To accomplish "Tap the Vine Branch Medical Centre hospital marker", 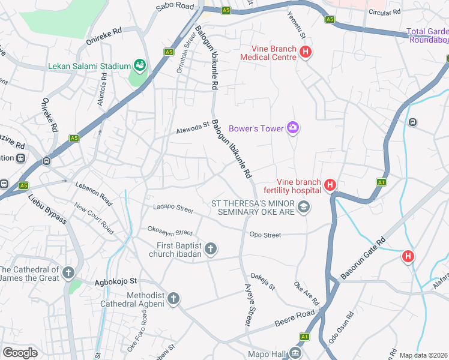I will pos(306,52).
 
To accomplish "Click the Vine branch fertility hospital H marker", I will pos(330,186).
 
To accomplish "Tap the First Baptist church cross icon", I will pos(210,248).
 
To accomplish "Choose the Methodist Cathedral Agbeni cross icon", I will pos(173,299).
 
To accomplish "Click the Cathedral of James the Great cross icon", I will pos(68,273).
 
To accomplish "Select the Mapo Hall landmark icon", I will pos(295,353).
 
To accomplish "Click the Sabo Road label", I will pos(175,7).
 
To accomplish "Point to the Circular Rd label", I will pos(384,12).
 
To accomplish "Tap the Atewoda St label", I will pos(192,129).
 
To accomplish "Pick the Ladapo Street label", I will pos(173,209).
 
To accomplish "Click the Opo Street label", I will pos(265,235).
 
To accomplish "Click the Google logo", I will pos(20,353).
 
